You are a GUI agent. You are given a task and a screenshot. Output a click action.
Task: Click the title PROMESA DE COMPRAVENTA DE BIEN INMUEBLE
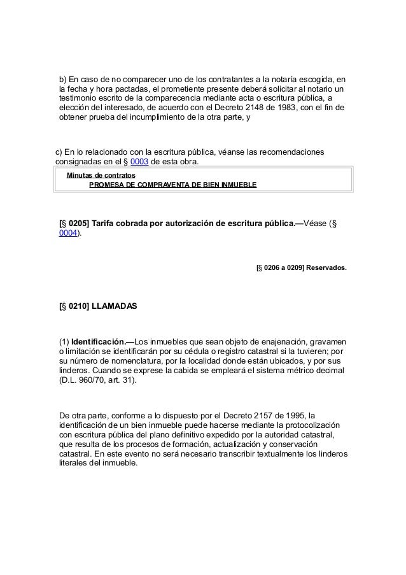click(172, 185)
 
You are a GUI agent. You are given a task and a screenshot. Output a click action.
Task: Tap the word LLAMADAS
click(114, 306)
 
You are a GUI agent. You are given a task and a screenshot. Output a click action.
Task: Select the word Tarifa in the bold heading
click(105, 223)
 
